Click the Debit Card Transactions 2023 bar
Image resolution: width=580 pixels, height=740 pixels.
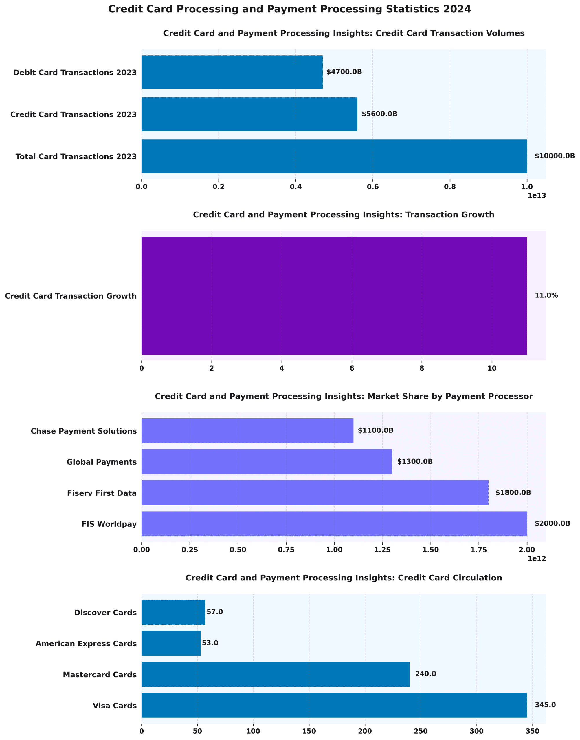point(232,72)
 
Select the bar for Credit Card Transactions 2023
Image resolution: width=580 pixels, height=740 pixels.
point(249,114)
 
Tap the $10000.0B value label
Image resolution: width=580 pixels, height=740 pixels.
point(555,156)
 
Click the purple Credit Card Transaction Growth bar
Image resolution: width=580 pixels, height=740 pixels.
point(334,296)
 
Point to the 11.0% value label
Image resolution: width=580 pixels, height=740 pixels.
point(546,295)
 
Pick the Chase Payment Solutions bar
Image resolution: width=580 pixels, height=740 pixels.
point(247,431)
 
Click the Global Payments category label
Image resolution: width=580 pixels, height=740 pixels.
point(102,462)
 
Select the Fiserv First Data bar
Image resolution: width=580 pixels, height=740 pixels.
point(315,493)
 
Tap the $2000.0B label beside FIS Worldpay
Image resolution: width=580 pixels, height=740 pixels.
point(552,523)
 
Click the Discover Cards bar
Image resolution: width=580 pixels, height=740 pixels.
point(173,613)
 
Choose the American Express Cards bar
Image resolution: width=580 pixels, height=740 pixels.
point(171,643)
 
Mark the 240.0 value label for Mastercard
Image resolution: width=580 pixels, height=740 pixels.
point(425,674)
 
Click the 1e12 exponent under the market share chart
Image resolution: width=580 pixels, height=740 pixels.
point(537,558)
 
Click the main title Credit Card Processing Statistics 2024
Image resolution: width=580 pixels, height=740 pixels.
point(289,10)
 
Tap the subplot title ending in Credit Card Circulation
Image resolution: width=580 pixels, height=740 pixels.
point(343,578)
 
